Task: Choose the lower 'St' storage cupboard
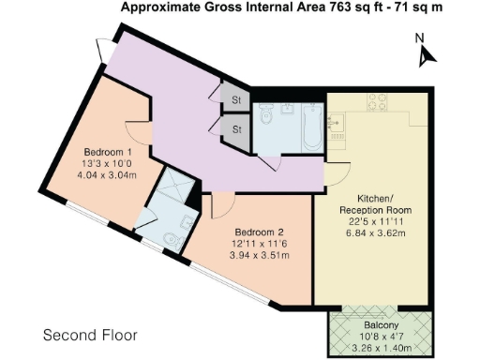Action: [236, 129]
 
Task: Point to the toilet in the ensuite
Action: [171, 240]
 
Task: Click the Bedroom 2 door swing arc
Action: [223, 203]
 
